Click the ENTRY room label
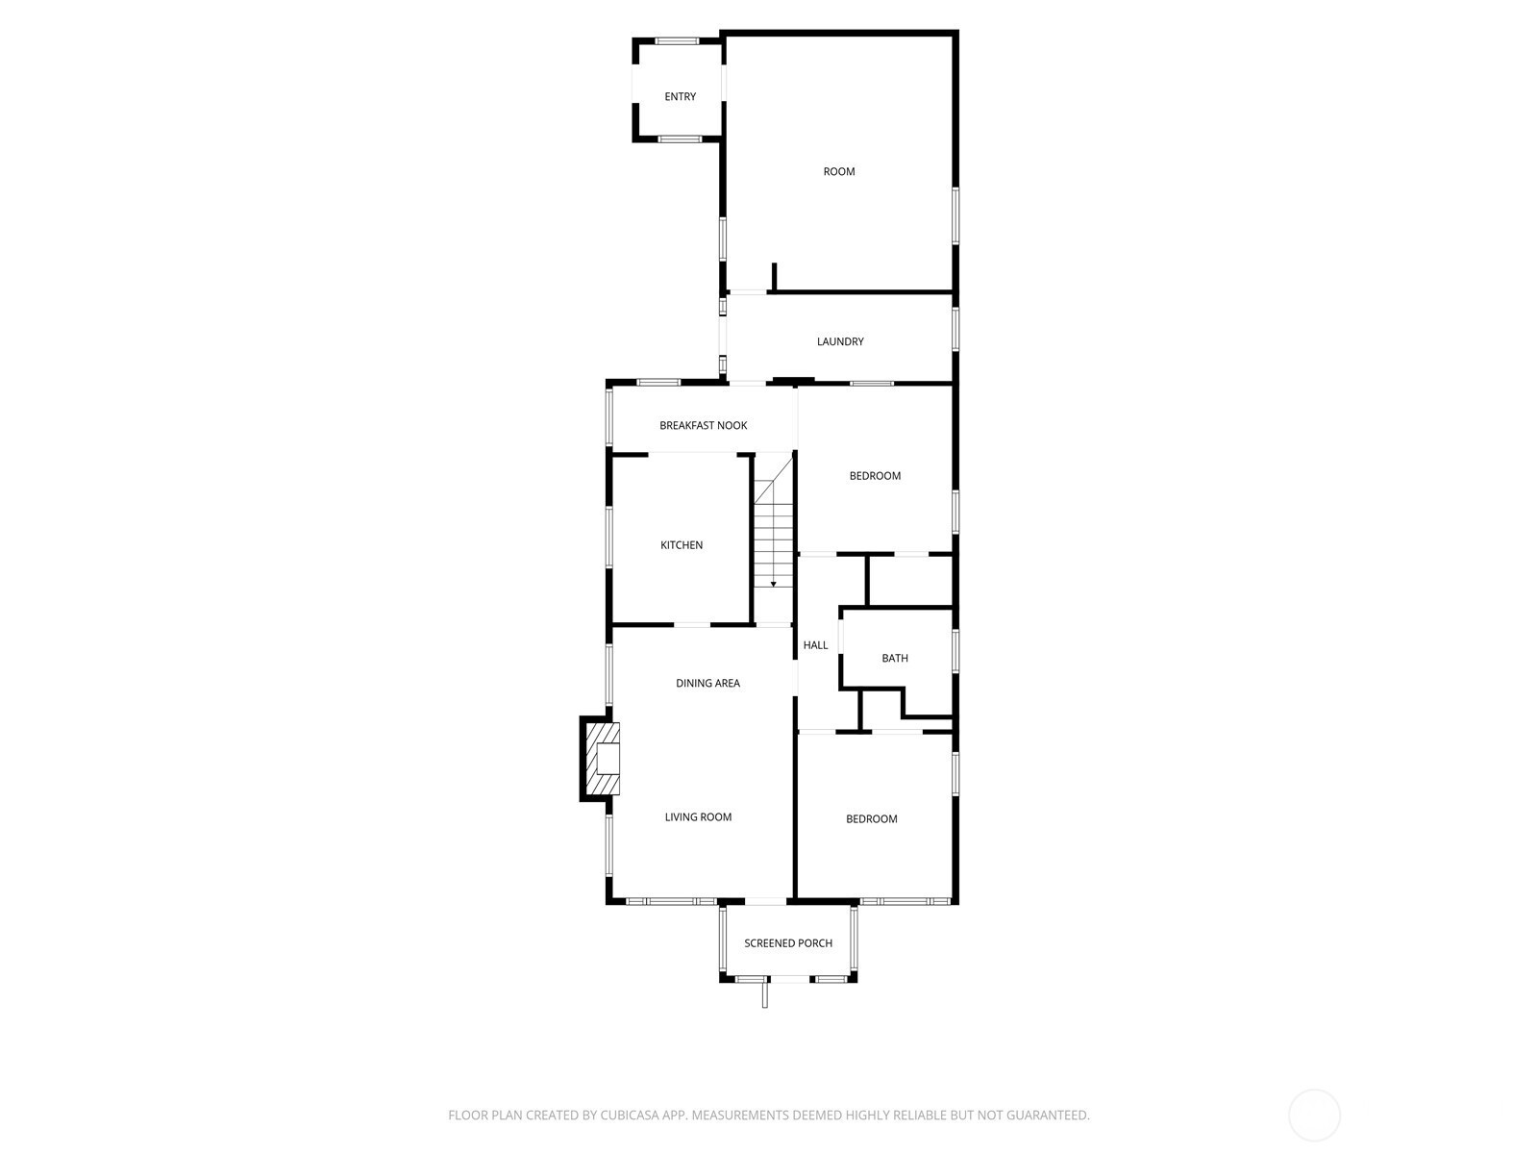click(x=680, y=97)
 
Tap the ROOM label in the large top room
click(x=839, y=172)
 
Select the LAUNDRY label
click(x=840, y=342)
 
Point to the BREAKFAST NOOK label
click(x=703, y=425)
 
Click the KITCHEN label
click(x=682, y=545)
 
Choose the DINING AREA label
click(x=707, y=683)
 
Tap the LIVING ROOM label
click(x=698, y=817)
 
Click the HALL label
click(x=815, y=645)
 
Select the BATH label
click(x=895, y=658)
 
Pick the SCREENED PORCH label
click(x=788, y=943)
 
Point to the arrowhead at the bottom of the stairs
click(x=773, y=584)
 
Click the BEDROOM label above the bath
click(x=875, y=476)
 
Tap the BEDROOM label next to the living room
click(x=872, y=819)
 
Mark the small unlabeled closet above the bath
click(x=910, y=581)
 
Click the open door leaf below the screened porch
click(x=764, y=994)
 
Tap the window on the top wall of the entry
click(x=677, y=40)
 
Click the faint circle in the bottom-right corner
click(x=1314, y=1116)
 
